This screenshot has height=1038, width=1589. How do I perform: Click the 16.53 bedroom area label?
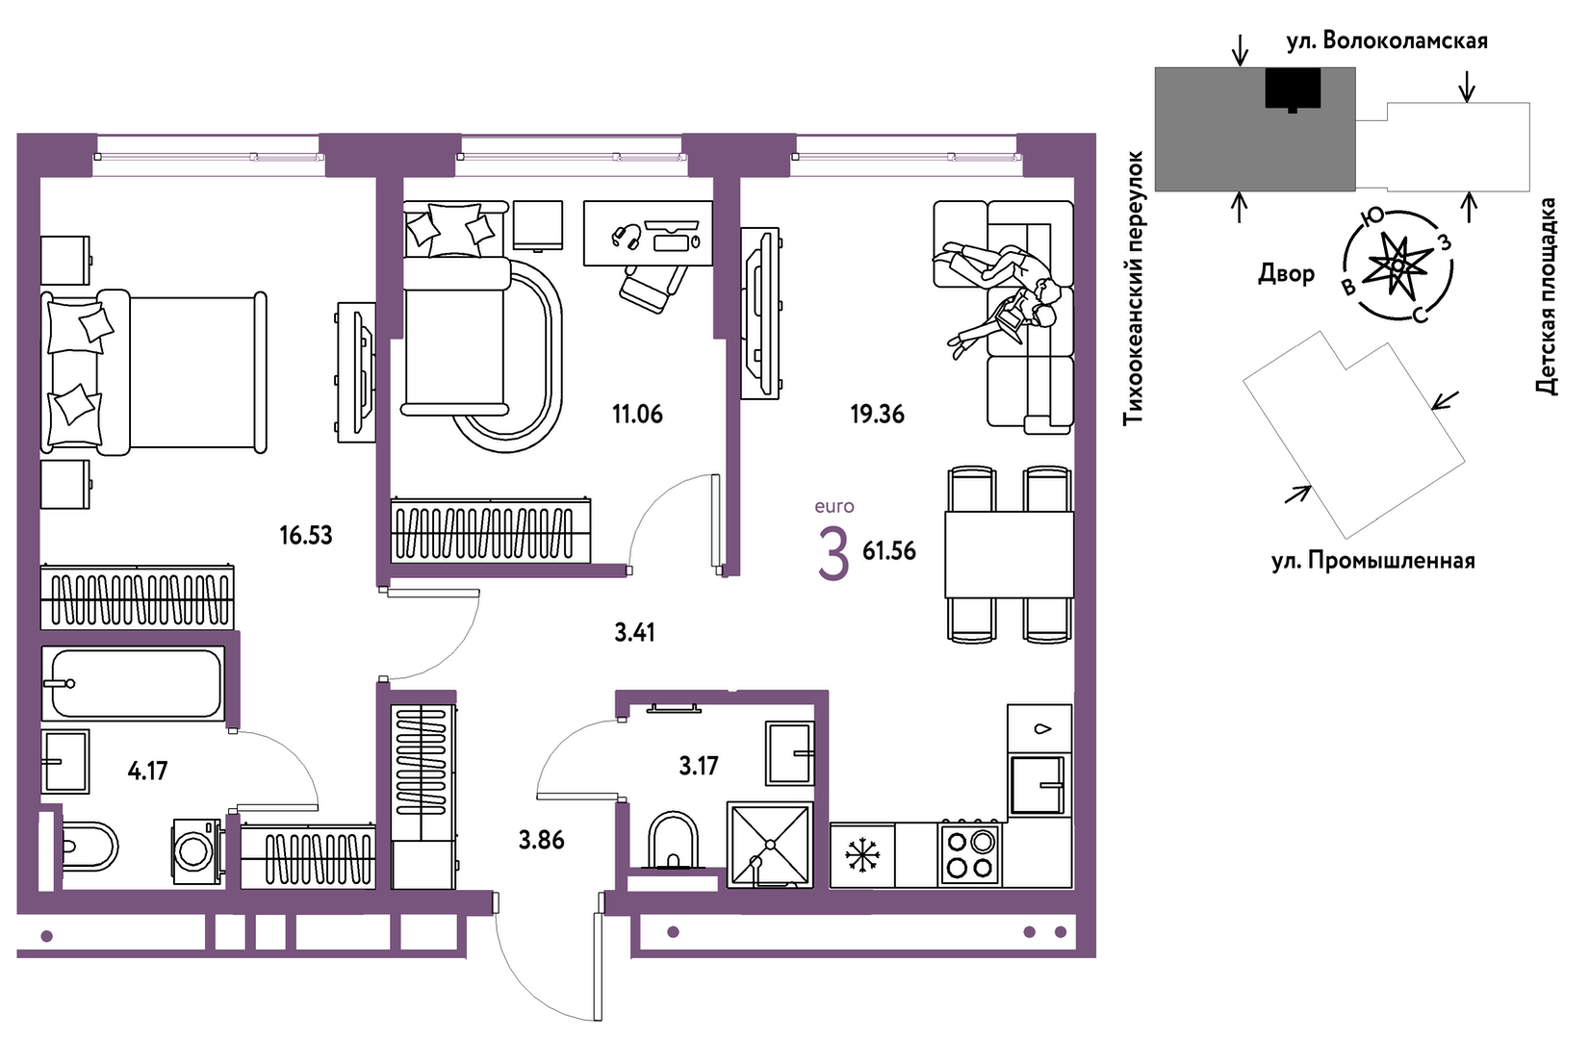(306, 535)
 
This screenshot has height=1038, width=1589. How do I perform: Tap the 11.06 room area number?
(638, 414)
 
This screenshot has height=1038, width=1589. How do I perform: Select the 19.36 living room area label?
(878, 414)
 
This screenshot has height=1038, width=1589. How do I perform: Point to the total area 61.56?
(889, 551)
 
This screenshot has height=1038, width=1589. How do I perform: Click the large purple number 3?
(833, 555)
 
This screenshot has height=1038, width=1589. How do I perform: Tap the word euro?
(834, 506)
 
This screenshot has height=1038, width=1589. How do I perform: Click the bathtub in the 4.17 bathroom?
(133, 683)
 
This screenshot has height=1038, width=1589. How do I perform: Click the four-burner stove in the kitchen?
(970, 854)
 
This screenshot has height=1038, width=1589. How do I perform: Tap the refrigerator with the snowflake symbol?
(862, 855)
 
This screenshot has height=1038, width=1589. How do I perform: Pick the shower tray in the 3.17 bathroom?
(770, 845)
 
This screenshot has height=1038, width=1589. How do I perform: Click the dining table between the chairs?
(1009, 554)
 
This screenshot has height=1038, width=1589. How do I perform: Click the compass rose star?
(1397, 266)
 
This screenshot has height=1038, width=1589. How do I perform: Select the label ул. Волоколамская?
(1387, 41)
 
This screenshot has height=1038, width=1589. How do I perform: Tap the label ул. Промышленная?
(1372, 561)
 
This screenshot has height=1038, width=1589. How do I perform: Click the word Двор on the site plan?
(1286, 273)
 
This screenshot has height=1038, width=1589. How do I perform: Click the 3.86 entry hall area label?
(541, 840)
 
